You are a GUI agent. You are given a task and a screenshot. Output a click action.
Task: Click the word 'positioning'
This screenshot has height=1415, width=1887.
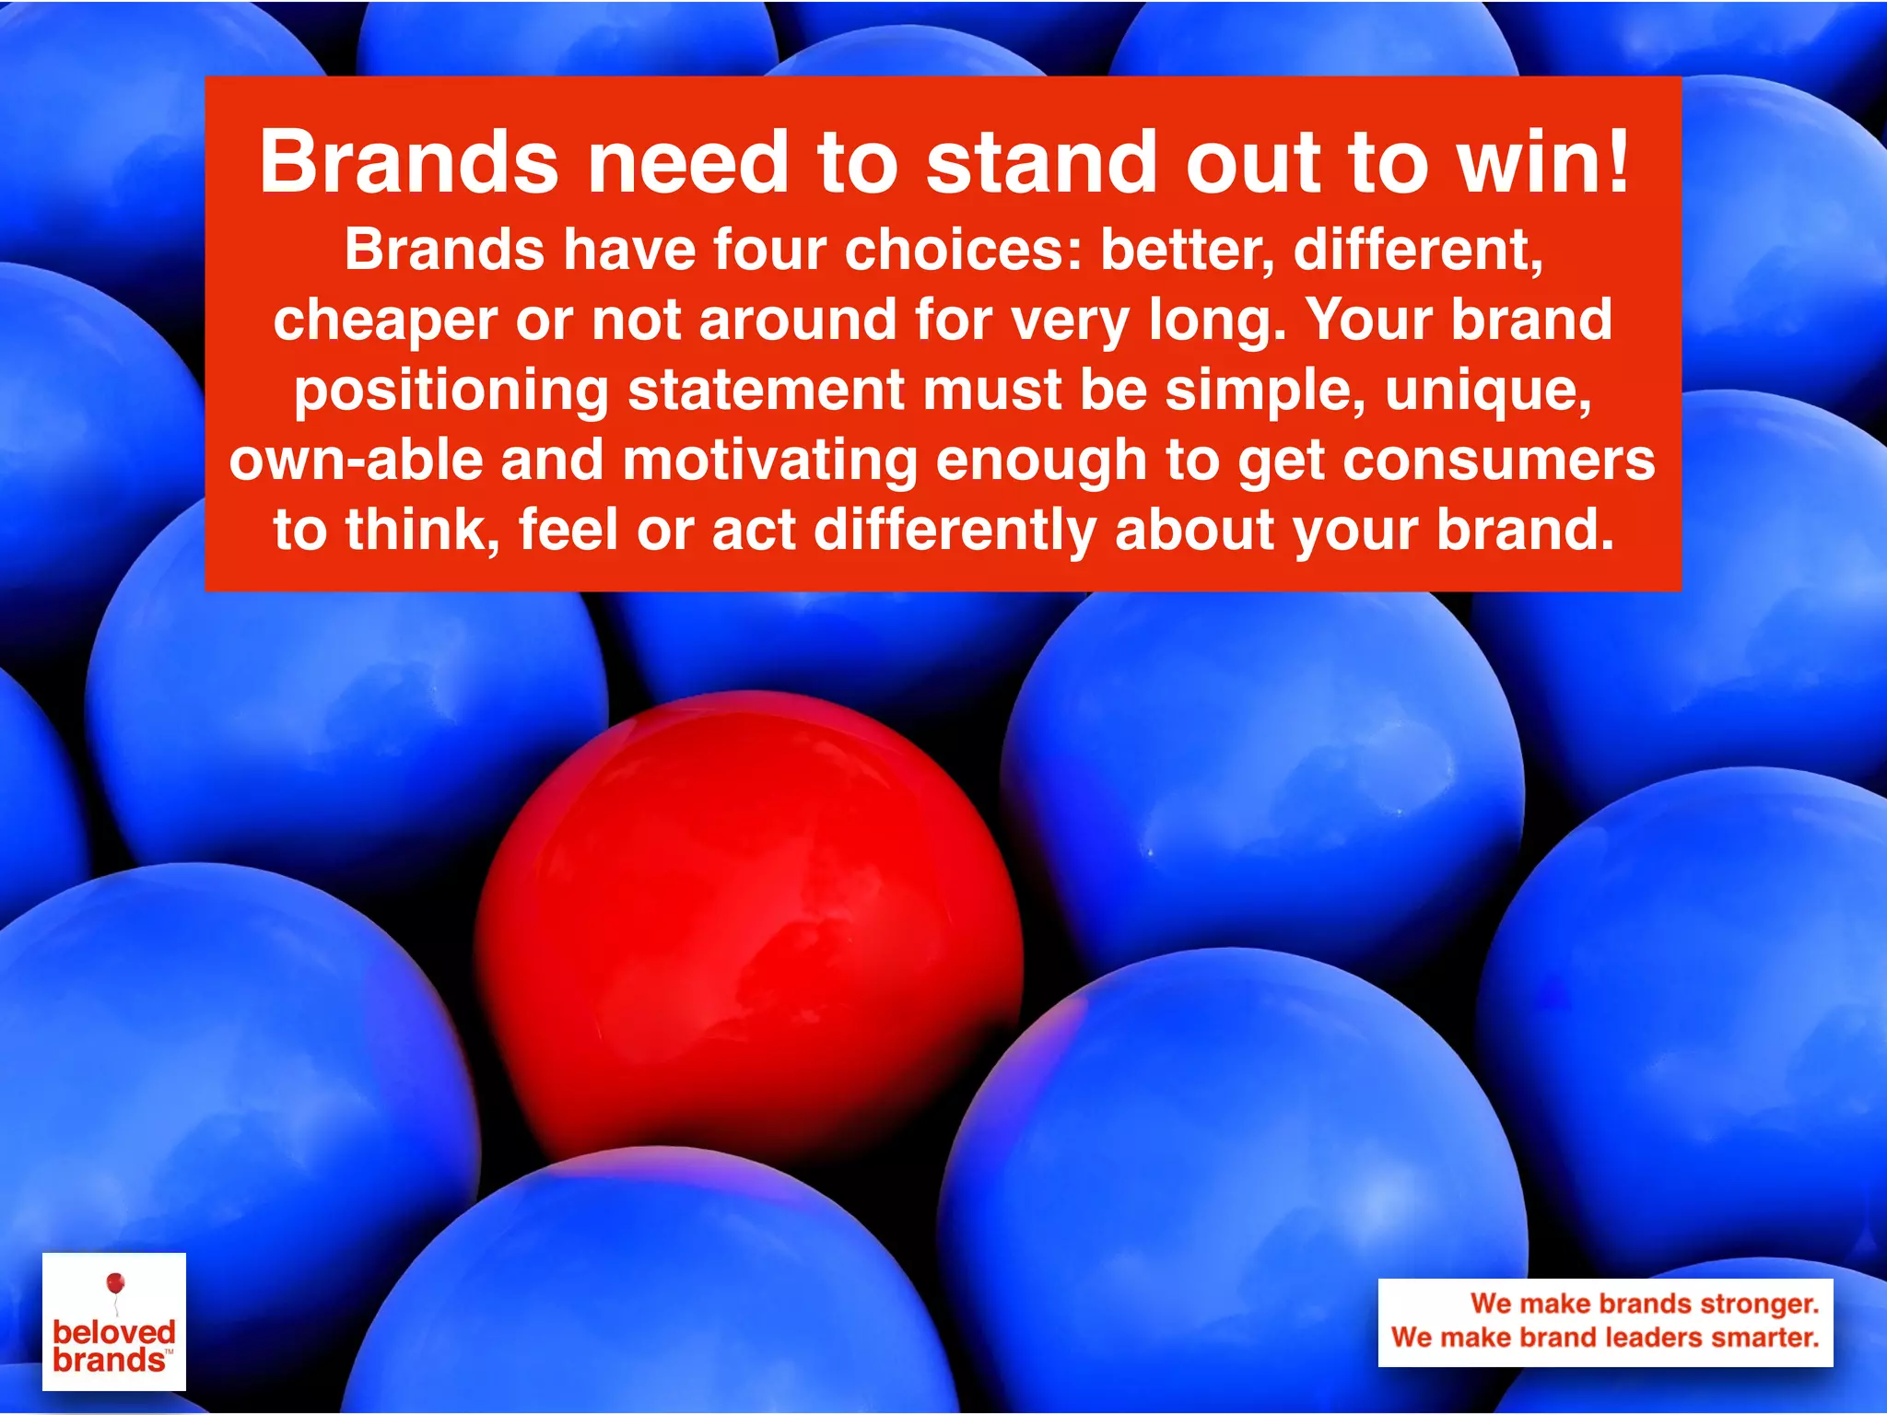[x=451, y=391]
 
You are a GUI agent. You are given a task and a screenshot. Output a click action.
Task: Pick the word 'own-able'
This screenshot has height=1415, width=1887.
[x=356, y=460]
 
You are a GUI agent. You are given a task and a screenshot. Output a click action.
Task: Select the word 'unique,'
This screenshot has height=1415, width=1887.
[x=1488, y=391]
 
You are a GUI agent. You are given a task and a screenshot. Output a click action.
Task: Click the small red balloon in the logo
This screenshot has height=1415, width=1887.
[x=115, y=1283]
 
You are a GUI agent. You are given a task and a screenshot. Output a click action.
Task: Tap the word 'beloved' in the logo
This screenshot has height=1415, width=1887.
[x=114, y=1332]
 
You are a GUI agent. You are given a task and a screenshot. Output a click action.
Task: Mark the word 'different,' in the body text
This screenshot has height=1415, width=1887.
[x=1418, y=251]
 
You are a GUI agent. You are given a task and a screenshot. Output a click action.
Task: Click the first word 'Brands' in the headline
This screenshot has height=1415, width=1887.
[x=409, y=162]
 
